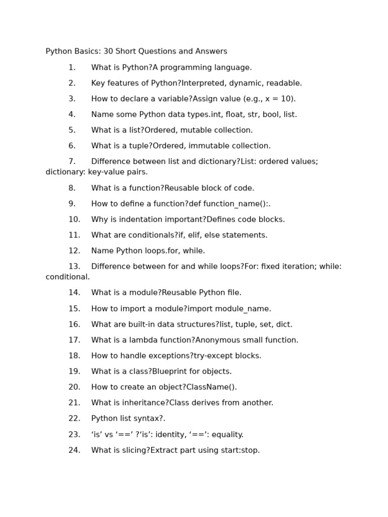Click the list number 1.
(x=72, y=68)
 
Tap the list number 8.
(x=72, y=188)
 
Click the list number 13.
(x=74, y=267)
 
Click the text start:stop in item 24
(x=240, y=450)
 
